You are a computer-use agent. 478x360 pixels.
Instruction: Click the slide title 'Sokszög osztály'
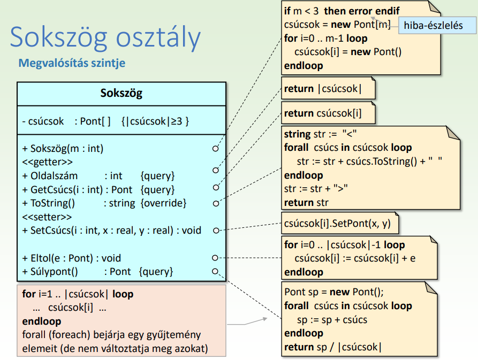click(x=105, y=37)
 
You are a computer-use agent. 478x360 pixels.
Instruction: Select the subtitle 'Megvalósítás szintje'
click(x=72, y=63)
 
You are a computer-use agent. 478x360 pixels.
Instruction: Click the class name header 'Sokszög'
click(x=121, y=94)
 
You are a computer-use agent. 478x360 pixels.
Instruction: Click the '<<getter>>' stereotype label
click(x=48, y=162)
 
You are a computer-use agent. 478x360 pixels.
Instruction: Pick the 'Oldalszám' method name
click(x=54, y=175)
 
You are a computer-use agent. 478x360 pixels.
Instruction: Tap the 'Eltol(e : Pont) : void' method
click(x=72, y=258)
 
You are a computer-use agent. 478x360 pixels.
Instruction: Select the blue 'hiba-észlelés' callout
click(x=433, y=25)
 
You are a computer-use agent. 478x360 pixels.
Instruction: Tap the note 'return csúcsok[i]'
click(x=323, y=113)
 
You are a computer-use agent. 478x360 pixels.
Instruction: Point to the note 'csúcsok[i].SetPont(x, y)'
click(x=337, y=224)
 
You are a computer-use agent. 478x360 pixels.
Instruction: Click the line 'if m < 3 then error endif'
click(x=342, y=11)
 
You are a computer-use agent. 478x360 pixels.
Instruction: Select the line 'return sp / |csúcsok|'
click(x=333, y=347)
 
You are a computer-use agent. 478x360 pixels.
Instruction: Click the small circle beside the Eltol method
click(x=215, y=258)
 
